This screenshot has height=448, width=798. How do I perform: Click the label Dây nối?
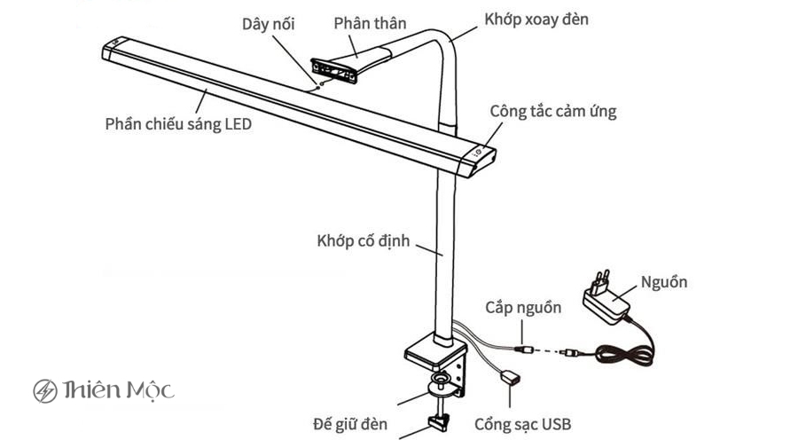pyautogui.click(x=269, y=23)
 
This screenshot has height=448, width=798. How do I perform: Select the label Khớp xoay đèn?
pyautogui.click(x=536, y=19)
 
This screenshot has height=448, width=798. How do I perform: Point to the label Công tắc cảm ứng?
pyautogui.click(x=553, y=112)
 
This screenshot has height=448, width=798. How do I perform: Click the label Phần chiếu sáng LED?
pyautogui.click(x=178, y=124)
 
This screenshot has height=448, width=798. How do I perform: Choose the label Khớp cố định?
pyautogui.click(x=364, y=240)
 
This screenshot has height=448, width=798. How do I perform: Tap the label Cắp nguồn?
pyautogui.click(x=523, y=308)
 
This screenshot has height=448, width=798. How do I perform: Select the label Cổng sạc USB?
pyautogui.click(x=522, y=424)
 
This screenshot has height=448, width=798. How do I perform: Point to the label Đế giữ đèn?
pyautogui.click(x=350, y=424)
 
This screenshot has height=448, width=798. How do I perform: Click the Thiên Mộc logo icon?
pyautogui.click(x=45, y=390)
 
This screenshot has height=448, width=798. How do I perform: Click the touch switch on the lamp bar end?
pyautogui.click(x=480, y=153)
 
